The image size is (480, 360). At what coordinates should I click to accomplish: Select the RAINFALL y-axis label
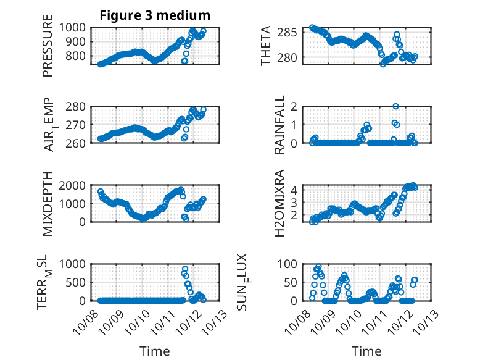[x=279, y=125]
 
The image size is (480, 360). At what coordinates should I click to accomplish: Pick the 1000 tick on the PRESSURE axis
[x=77, y=28]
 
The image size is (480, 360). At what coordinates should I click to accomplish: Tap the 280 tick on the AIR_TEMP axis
[x=80, y=106]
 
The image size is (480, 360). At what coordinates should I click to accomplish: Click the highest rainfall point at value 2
[x=395, y=107]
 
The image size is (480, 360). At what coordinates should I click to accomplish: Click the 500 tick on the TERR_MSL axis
[x=80, y=283]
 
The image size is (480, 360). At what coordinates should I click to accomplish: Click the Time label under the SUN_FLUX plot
[x=367, y=351]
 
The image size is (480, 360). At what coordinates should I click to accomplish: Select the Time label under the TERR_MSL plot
[x=155, y=351]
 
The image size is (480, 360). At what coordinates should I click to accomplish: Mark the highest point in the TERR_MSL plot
[x=185, y=270]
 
